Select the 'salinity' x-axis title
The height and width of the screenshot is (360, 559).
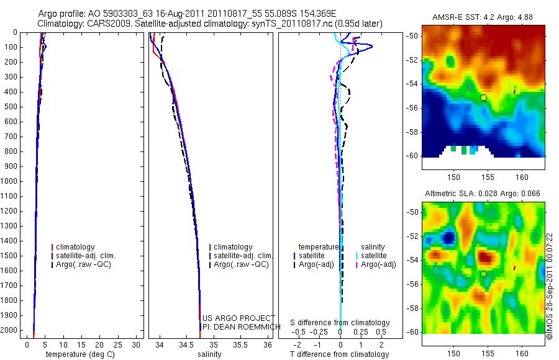pos(209,354)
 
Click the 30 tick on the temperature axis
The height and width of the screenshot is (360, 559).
pos(137,344)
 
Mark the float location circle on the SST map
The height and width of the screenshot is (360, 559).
pos(483,97)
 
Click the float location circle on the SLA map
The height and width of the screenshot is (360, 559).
pos(483,274)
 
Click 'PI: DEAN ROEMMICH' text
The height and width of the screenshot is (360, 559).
pos(237,326)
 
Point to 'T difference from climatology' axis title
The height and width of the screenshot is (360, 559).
pos(339,354)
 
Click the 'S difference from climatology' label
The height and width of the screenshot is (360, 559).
pos(340,323)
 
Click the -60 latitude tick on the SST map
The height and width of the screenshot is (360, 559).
pos(413,155)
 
